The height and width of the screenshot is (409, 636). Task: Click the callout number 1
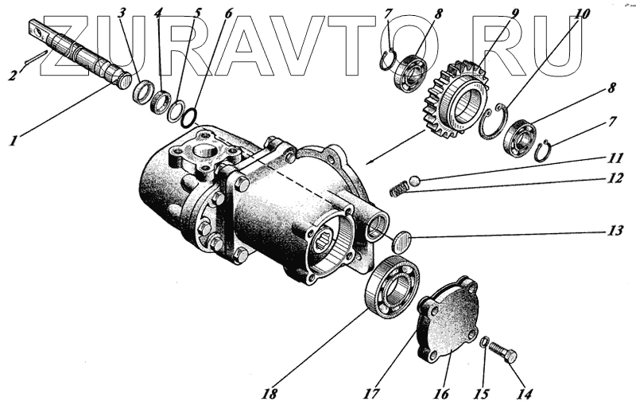point(13,141)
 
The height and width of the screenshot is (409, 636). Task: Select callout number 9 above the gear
point(515,13)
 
